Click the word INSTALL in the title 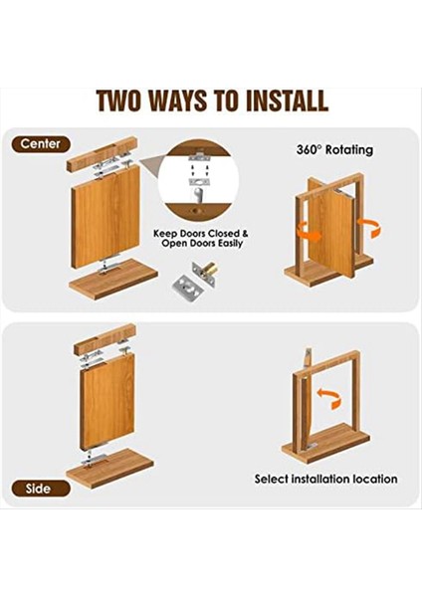coord(287,100)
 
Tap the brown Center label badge coord(41,144)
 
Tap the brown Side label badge coord(41,489)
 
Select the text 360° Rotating coord(334,149)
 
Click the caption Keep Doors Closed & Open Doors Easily coord(201,239)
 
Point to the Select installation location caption coord(326,479)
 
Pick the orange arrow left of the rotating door coord(309,232)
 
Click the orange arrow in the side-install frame coord(328,398)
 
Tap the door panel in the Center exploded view coord(105,215)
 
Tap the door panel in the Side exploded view coord(107,401)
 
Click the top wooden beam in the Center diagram coord(103,154)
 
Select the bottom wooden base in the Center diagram coord(113,279)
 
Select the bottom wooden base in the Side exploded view coord(109,469)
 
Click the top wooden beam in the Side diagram coord(105,338)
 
